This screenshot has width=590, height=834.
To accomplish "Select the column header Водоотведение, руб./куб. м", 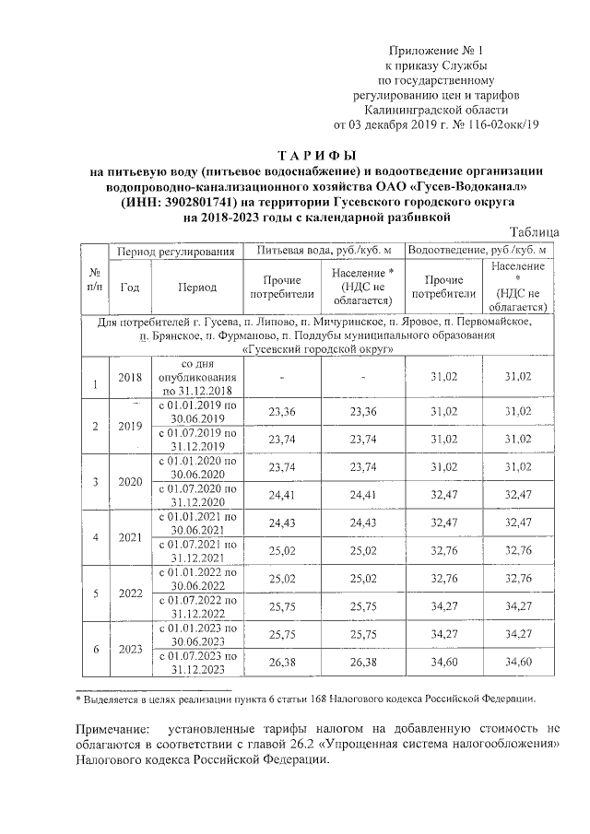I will (x=478, y=251).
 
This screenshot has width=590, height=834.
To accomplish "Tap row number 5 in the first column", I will (x=93, y=594).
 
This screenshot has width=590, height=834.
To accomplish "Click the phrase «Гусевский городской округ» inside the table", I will (x=316, y=350).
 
